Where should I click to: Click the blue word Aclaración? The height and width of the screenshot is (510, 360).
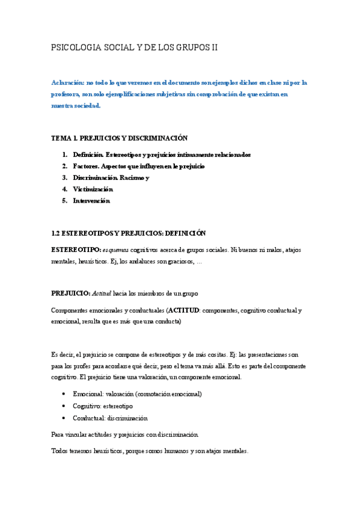[x=67, y=83]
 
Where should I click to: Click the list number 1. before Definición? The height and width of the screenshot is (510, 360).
[x=64, y=155]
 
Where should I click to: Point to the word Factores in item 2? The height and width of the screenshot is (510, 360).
[x=86, y=166]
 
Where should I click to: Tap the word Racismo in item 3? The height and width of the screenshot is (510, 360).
[x=130, y=177]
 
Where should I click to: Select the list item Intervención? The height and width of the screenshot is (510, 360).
[x=91, y=201]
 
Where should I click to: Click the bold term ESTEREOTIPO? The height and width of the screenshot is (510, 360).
[x=75, y=249]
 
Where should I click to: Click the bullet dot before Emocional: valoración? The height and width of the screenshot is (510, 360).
[x=64, y=394]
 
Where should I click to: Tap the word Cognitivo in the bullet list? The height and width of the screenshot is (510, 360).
[x=86, y=406]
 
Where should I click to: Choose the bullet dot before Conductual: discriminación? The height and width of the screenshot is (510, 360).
[x=64, y=418]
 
